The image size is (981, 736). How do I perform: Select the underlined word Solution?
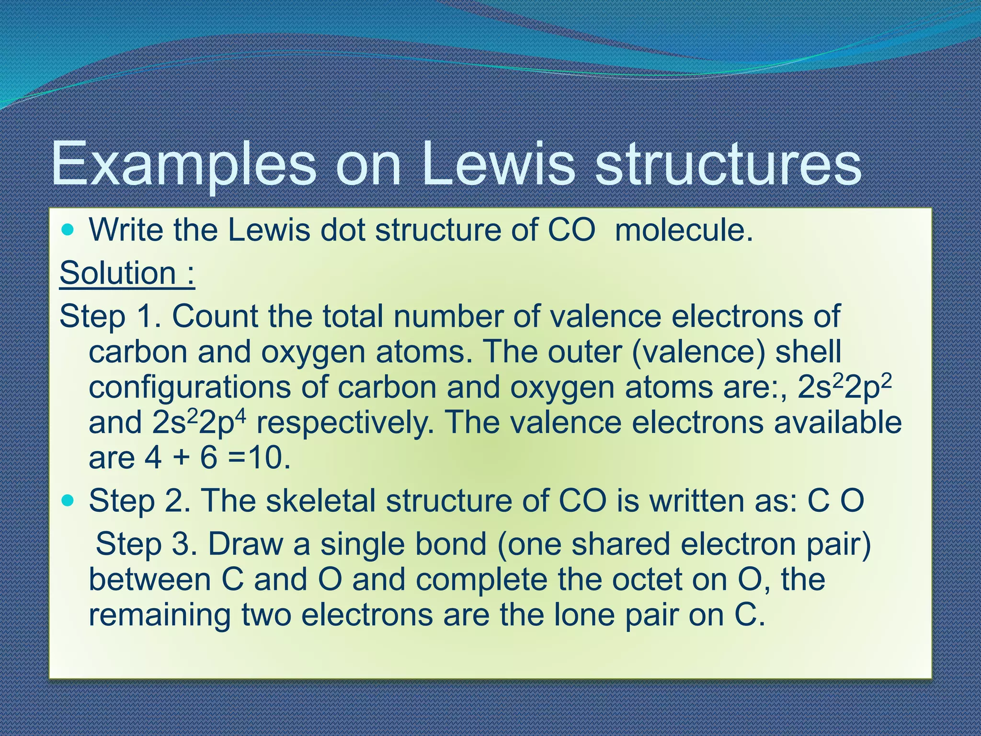coord(118,273)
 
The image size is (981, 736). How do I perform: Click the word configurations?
coord(189,387)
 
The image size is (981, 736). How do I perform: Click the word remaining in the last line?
coord(160,615)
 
